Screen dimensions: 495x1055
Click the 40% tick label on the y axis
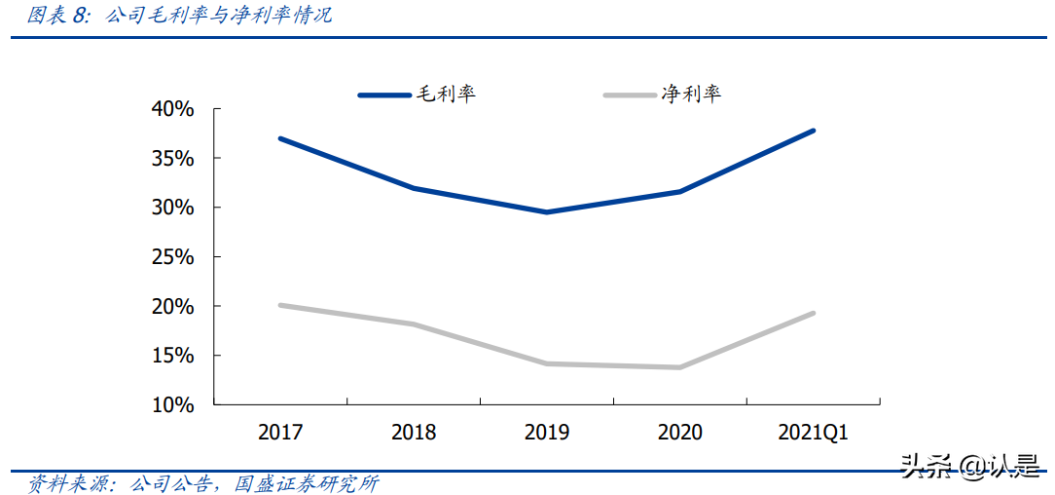pyautogui.click(x=173, y=109)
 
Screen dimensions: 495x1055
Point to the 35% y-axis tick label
pyautogui.click(x=173, y=158)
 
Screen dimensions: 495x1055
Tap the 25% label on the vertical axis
pyautogui.click(x=173, y=257)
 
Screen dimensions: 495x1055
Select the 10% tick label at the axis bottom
pyautogui.click(x=173, y=404)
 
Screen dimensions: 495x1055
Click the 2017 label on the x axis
pyautogui.click(x=280, y=433)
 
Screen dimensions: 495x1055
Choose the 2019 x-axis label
pyautogui.click(x=547, y=433)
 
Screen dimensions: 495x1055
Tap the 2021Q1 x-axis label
pyautogui.click(x=813, y=433)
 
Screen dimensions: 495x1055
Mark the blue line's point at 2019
pyautogui.click(x=547, y=211)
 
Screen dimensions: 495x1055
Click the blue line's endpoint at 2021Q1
pyautogui.click(x=813, y=131)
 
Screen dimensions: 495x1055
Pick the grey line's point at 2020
pyautogui.click(x=679, y=367)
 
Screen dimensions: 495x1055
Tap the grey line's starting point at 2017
pyautogui.click(x=280, y=305)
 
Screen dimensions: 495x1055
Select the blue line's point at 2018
pyautogui.click(x=414, y=188)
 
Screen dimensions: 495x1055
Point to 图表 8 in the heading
pyautogui.click(x=57, y=16)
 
